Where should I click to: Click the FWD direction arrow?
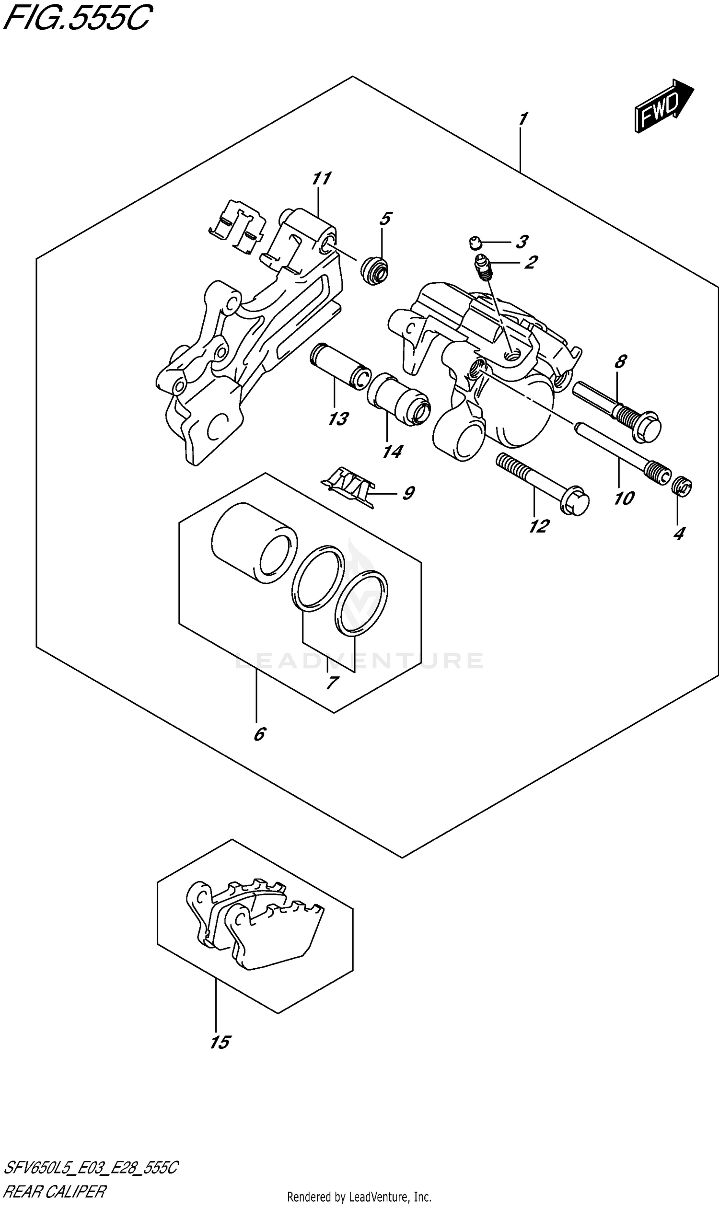[x=664, y=106]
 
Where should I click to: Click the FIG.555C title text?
[x=78, y=18]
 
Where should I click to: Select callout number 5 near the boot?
[x=385, y=219]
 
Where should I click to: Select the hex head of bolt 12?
[x=575, y=503]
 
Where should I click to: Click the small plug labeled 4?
[x=683, y=486]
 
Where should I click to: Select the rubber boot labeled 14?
[x=398, y=399]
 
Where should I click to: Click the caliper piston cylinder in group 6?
[x=254, y=542]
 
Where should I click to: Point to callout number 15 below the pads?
[x=220, y=1042]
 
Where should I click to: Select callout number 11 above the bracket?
[x=321, y=179]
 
